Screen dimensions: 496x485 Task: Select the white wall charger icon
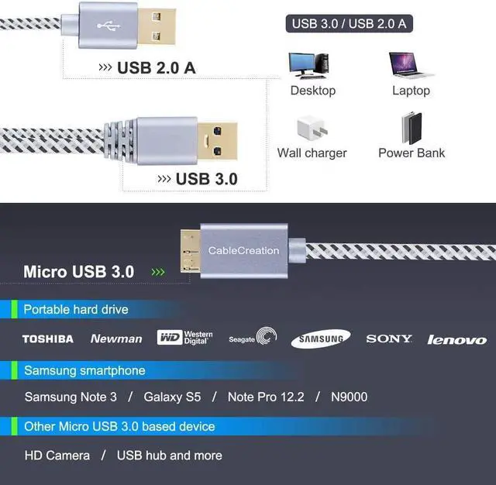[312, 129]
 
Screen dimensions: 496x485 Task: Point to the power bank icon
[412, 127]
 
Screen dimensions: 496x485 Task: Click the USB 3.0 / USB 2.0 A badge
[349, 23]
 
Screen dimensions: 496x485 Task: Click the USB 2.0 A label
[156, 67]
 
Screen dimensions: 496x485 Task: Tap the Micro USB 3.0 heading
[78, 272]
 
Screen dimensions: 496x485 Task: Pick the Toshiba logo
[47, 339]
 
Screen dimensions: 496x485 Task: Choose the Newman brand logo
[116, 339]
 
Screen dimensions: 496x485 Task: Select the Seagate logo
[253, 337]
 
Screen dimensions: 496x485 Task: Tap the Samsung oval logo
[320, 339]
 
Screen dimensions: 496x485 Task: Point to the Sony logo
[389, 339]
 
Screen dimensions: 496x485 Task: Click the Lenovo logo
[457, 339]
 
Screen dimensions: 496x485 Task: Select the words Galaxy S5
[172, 397]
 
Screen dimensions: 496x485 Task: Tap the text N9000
[349, 397]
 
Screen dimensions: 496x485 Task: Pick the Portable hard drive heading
[76, 310]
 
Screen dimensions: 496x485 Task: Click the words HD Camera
[57, 456]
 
